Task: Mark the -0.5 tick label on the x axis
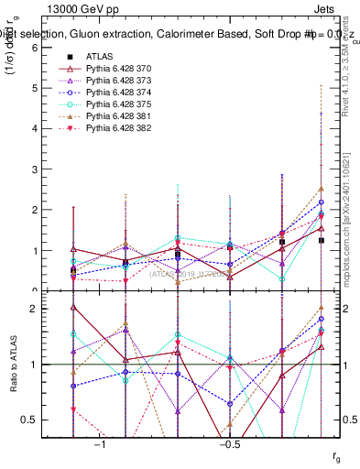tap(228, 442)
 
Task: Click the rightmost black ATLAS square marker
tap(321, 240)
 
